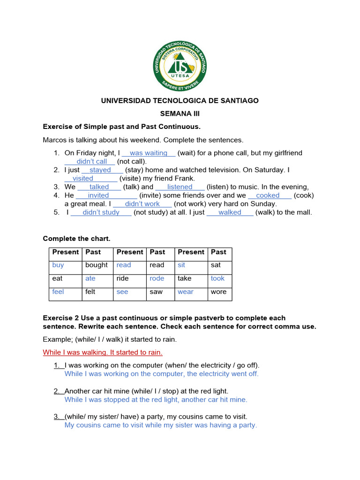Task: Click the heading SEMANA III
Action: tap(180, 113)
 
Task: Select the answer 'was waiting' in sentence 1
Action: tap(149, 153)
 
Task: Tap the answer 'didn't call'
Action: tap(92, 161)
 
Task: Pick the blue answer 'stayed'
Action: tap(100, 170)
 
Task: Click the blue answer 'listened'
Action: tap(180, 187)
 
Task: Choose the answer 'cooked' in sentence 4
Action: tap(268, 195)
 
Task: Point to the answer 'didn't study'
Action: tap(101, 212)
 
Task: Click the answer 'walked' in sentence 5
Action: tap(230, 212)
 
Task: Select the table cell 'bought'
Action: tap(97, 265)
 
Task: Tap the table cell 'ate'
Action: tap(90, 278)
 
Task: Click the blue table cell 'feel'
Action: tap(58, 292)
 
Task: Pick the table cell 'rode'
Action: tap(157, 278)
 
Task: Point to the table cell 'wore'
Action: tap(218, 292)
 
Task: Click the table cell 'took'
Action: tap(217, 278)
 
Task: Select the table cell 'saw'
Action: tap(156, 292)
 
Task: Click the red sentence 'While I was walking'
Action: tap(103, 352)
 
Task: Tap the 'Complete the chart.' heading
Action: tap(76, 239)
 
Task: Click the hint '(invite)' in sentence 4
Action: tap(151, 195)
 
